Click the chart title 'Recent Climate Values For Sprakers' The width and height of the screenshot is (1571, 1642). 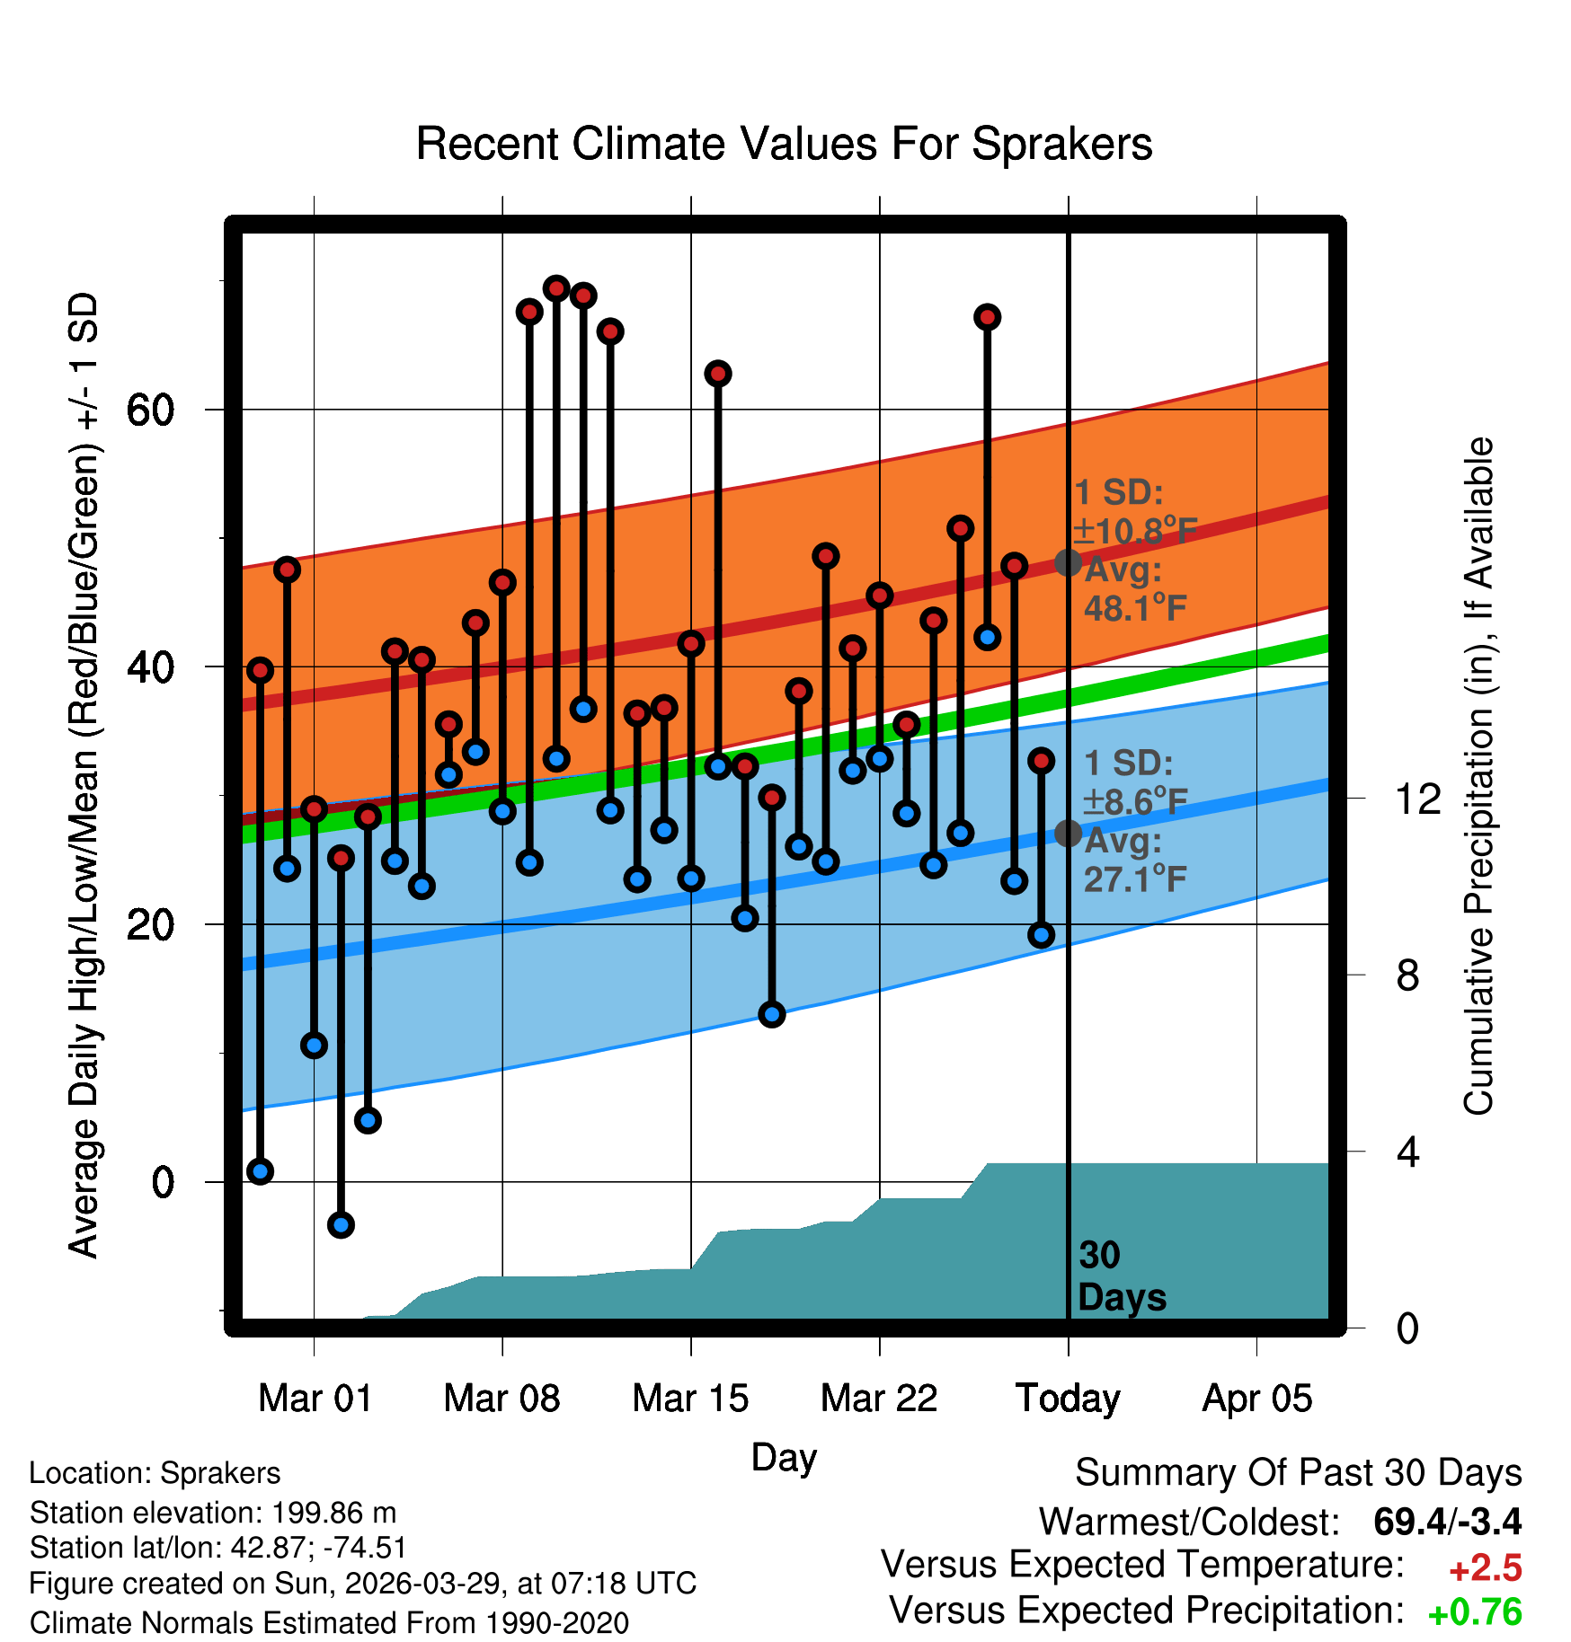point(784,144)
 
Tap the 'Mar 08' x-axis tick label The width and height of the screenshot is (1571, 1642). point(501,1399)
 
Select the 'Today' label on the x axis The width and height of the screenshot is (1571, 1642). point(1068,1399)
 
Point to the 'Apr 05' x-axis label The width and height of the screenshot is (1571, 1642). point(1257,1399)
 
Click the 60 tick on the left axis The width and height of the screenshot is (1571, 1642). point(150,410)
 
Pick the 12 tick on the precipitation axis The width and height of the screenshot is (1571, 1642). point(1418,799)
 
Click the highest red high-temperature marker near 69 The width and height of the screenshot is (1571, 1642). point(556,288)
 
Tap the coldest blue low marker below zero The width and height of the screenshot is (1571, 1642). point(341,1224)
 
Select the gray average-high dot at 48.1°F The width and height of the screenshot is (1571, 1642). point(1068,563)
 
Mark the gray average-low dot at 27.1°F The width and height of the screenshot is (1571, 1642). point(1068,834)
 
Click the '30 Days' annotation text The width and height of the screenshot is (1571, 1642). point(1122,1276)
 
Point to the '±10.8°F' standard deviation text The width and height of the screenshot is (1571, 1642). point(1135,531)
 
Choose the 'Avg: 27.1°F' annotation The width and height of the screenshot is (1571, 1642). point(1135,861)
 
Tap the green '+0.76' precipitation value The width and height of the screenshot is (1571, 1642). point(1475,1612)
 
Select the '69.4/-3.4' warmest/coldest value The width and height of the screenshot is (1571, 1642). point(1448,1522)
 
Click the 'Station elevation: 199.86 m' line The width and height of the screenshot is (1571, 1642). point(213,1513)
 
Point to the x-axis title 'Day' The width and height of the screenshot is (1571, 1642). point(784,1458)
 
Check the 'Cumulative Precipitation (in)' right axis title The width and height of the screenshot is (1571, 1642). point(1478,777)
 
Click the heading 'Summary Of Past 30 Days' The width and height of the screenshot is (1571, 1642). point(1299,1473)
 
